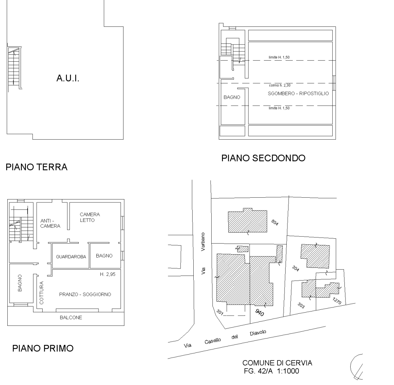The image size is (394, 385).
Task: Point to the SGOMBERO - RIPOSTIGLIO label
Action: [298, 94]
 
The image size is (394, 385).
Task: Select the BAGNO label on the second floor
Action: [232, 98]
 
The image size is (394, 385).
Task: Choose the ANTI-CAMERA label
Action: [50, 224]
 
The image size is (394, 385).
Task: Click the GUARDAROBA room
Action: [71, 257]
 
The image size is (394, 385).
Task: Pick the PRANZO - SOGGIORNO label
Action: [85, 295]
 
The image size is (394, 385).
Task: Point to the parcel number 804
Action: [275, 223]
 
